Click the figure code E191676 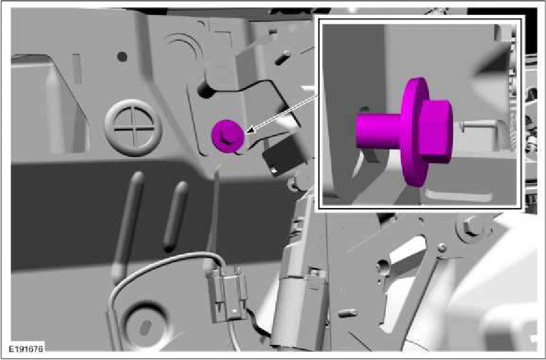[x=26, y=349]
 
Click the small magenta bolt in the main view [x=227, y=136]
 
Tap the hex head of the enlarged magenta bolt [x=436, y=132]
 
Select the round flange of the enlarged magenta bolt [x=414, y=132]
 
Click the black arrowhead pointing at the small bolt [x=251, y=131]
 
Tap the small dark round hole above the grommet [x=122, y=56]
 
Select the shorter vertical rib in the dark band [x=175, y=216]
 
